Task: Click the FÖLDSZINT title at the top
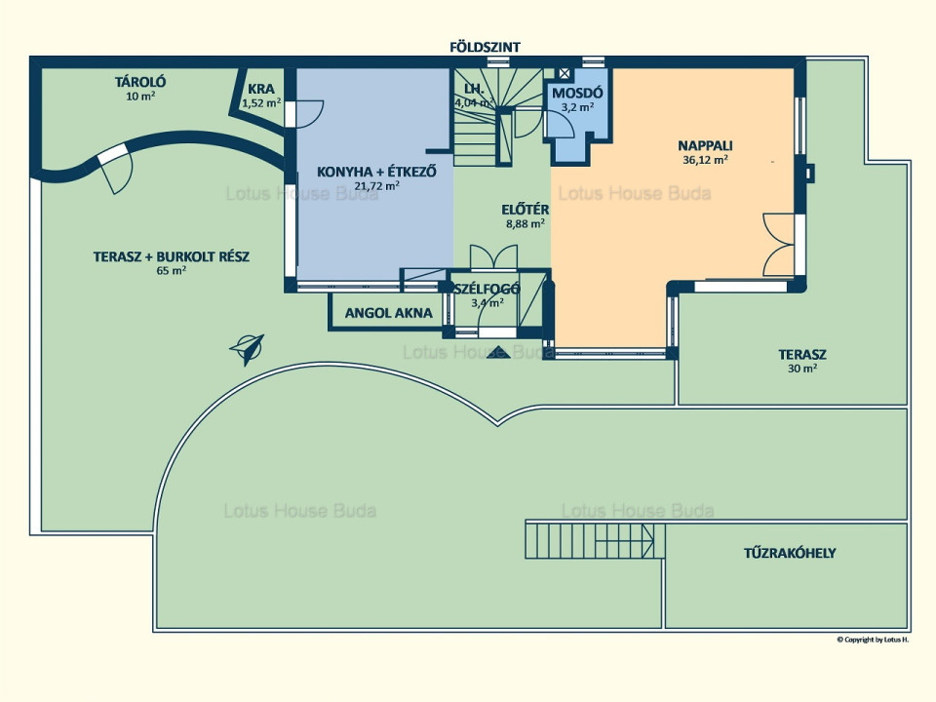coord(485,47)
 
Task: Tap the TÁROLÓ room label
coord(140,82)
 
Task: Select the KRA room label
coord(261,89)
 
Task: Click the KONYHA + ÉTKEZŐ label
coord(376,172)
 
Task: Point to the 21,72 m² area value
coord(376,185)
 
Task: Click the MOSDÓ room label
coord(577,94)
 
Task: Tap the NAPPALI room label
coord(705,145)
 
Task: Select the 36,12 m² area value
coord(705,159)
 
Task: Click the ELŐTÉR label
coord(526,211)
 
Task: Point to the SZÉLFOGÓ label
coord(487,290)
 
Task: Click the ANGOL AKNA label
coord(389,313)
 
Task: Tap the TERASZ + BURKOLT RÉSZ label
coord(172,256)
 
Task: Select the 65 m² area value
coord(172,270)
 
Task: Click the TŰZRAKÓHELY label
coord(790,553)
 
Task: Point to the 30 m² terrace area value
coord(802,369)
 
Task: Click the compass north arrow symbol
coord(247,348)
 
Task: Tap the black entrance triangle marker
coord(498,352)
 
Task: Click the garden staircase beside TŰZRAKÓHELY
coord(595,540)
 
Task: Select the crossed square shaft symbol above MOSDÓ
coord(565,73)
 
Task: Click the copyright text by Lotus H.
coord(873,640)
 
